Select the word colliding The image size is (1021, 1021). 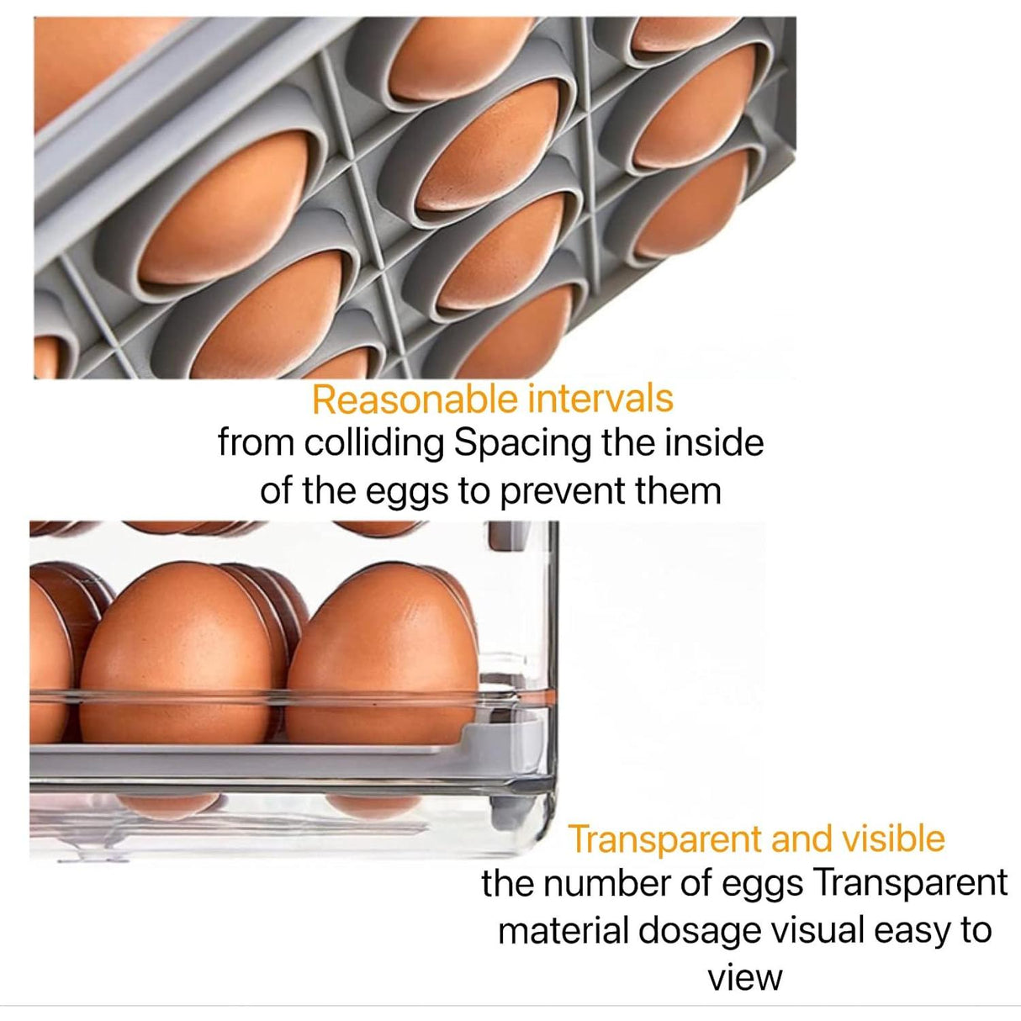374,444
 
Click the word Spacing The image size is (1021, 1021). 522,444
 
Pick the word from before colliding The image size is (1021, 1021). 256,444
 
